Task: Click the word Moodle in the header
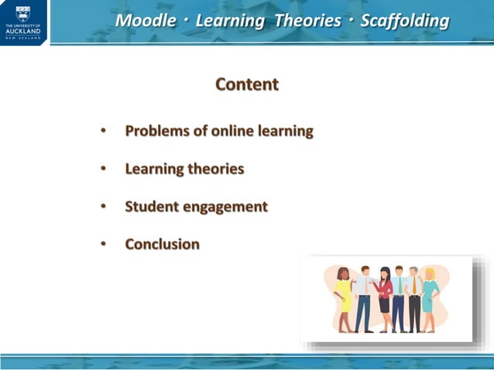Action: [x=146, y=21]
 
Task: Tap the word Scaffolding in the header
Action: [x=404, y=21]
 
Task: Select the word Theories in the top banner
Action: [x=307, y=21]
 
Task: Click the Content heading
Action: [x=247, y=84]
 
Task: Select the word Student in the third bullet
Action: [x=150, y=207]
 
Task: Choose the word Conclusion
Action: [x=163, y=245]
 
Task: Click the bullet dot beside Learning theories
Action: [x=103, y=169]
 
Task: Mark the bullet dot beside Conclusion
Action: [x=103, y=245]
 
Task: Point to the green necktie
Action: [x=400, y=286]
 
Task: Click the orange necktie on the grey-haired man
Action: [x=414, y=286]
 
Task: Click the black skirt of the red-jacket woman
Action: [x=385, y=303]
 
